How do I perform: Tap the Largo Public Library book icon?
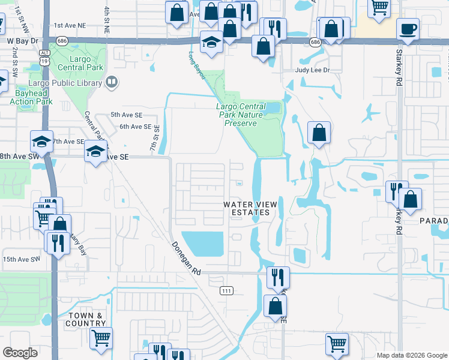tap(111, 82)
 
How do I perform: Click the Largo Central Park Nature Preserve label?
tap(241, 115)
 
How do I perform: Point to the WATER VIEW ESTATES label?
tap(250, 208)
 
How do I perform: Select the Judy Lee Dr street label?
tap(313, 70)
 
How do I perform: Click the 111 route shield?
tap(226, 291)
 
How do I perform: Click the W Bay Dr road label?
tap(23, 41)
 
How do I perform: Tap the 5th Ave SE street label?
tap(126, 115)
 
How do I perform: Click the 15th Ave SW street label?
tap(21, 259)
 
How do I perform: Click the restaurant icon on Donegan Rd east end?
tap(278, 277)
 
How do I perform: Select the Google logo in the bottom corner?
tap(20, 353)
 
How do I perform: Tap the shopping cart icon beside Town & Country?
tap(101, 338)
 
